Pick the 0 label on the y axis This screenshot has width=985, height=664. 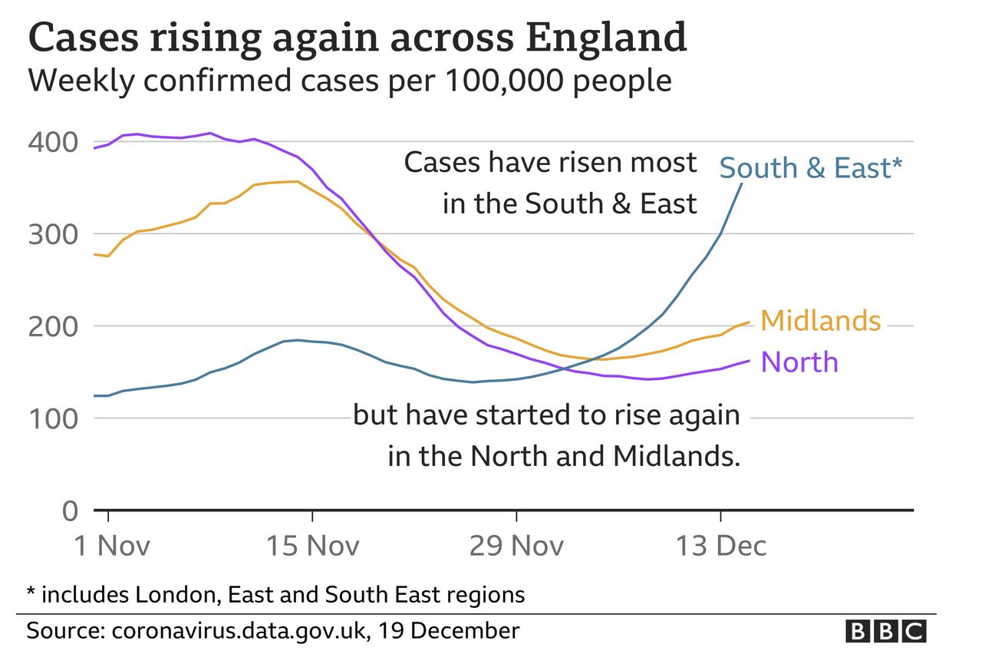click(x=69, y=510)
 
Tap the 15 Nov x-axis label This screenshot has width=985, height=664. click(x=311, y=546)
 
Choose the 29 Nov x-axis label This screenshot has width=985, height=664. click(x=516, y=546)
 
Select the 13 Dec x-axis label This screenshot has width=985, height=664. click(x=720, y=546)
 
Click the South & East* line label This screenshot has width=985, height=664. click(x=806, y=168)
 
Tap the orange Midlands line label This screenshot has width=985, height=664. click(x=821, y=321)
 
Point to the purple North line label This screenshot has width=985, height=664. click(x=799, y=362)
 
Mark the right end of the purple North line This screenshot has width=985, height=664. click(x=749, y=361)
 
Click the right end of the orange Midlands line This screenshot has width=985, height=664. click(x=749, y=322)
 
